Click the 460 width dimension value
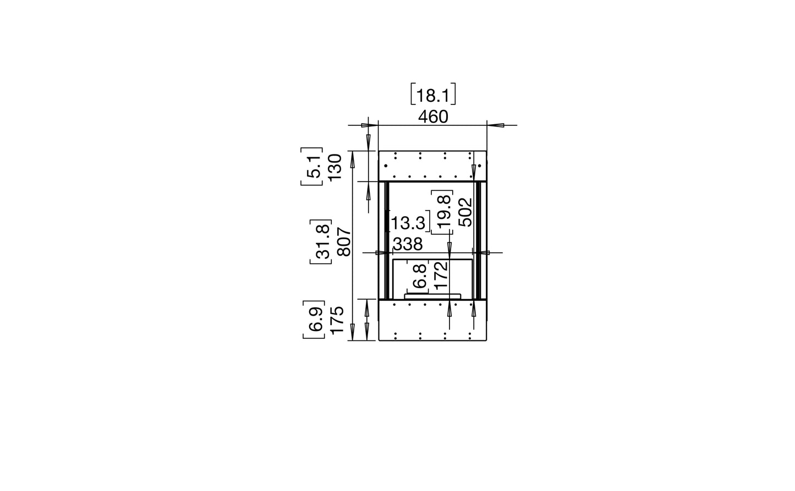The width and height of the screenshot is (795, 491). tap(433, 117)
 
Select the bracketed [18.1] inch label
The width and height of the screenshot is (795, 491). tap(433, 96)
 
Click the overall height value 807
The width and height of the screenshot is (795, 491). tap(343, 242)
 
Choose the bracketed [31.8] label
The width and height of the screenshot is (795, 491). tap(321, 242)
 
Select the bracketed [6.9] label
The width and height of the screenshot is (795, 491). tap(314, 320)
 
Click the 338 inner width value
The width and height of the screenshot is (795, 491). tap(408, 244)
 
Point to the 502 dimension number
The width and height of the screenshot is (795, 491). tap(465, 212)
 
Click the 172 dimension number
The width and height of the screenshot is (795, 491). tap(440, 276)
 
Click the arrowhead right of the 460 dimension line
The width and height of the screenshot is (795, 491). tap(496, 125)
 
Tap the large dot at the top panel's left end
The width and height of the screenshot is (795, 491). tap(386, 165)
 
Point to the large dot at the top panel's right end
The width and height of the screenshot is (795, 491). tap(480, 165)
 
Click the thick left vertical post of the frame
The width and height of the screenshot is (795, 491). tap(387, 240)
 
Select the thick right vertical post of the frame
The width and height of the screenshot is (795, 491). tap(478, 240)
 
